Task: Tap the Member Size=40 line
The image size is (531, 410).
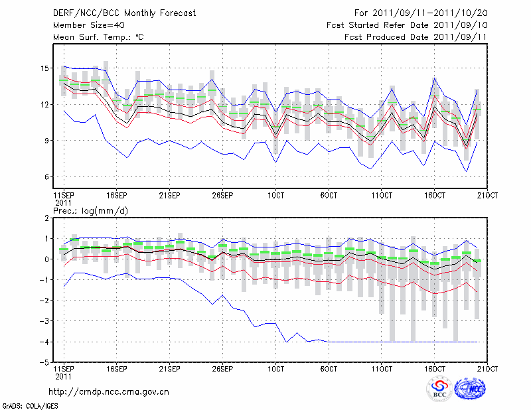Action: click(85, 25)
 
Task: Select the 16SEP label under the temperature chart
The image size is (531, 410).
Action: click(116, 196)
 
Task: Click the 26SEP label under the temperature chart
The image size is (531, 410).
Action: click(222, 196)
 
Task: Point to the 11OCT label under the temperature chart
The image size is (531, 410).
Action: click(382, 196)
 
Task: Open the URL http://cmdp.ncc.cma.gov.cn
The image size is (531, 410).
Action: click(108, 391)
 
